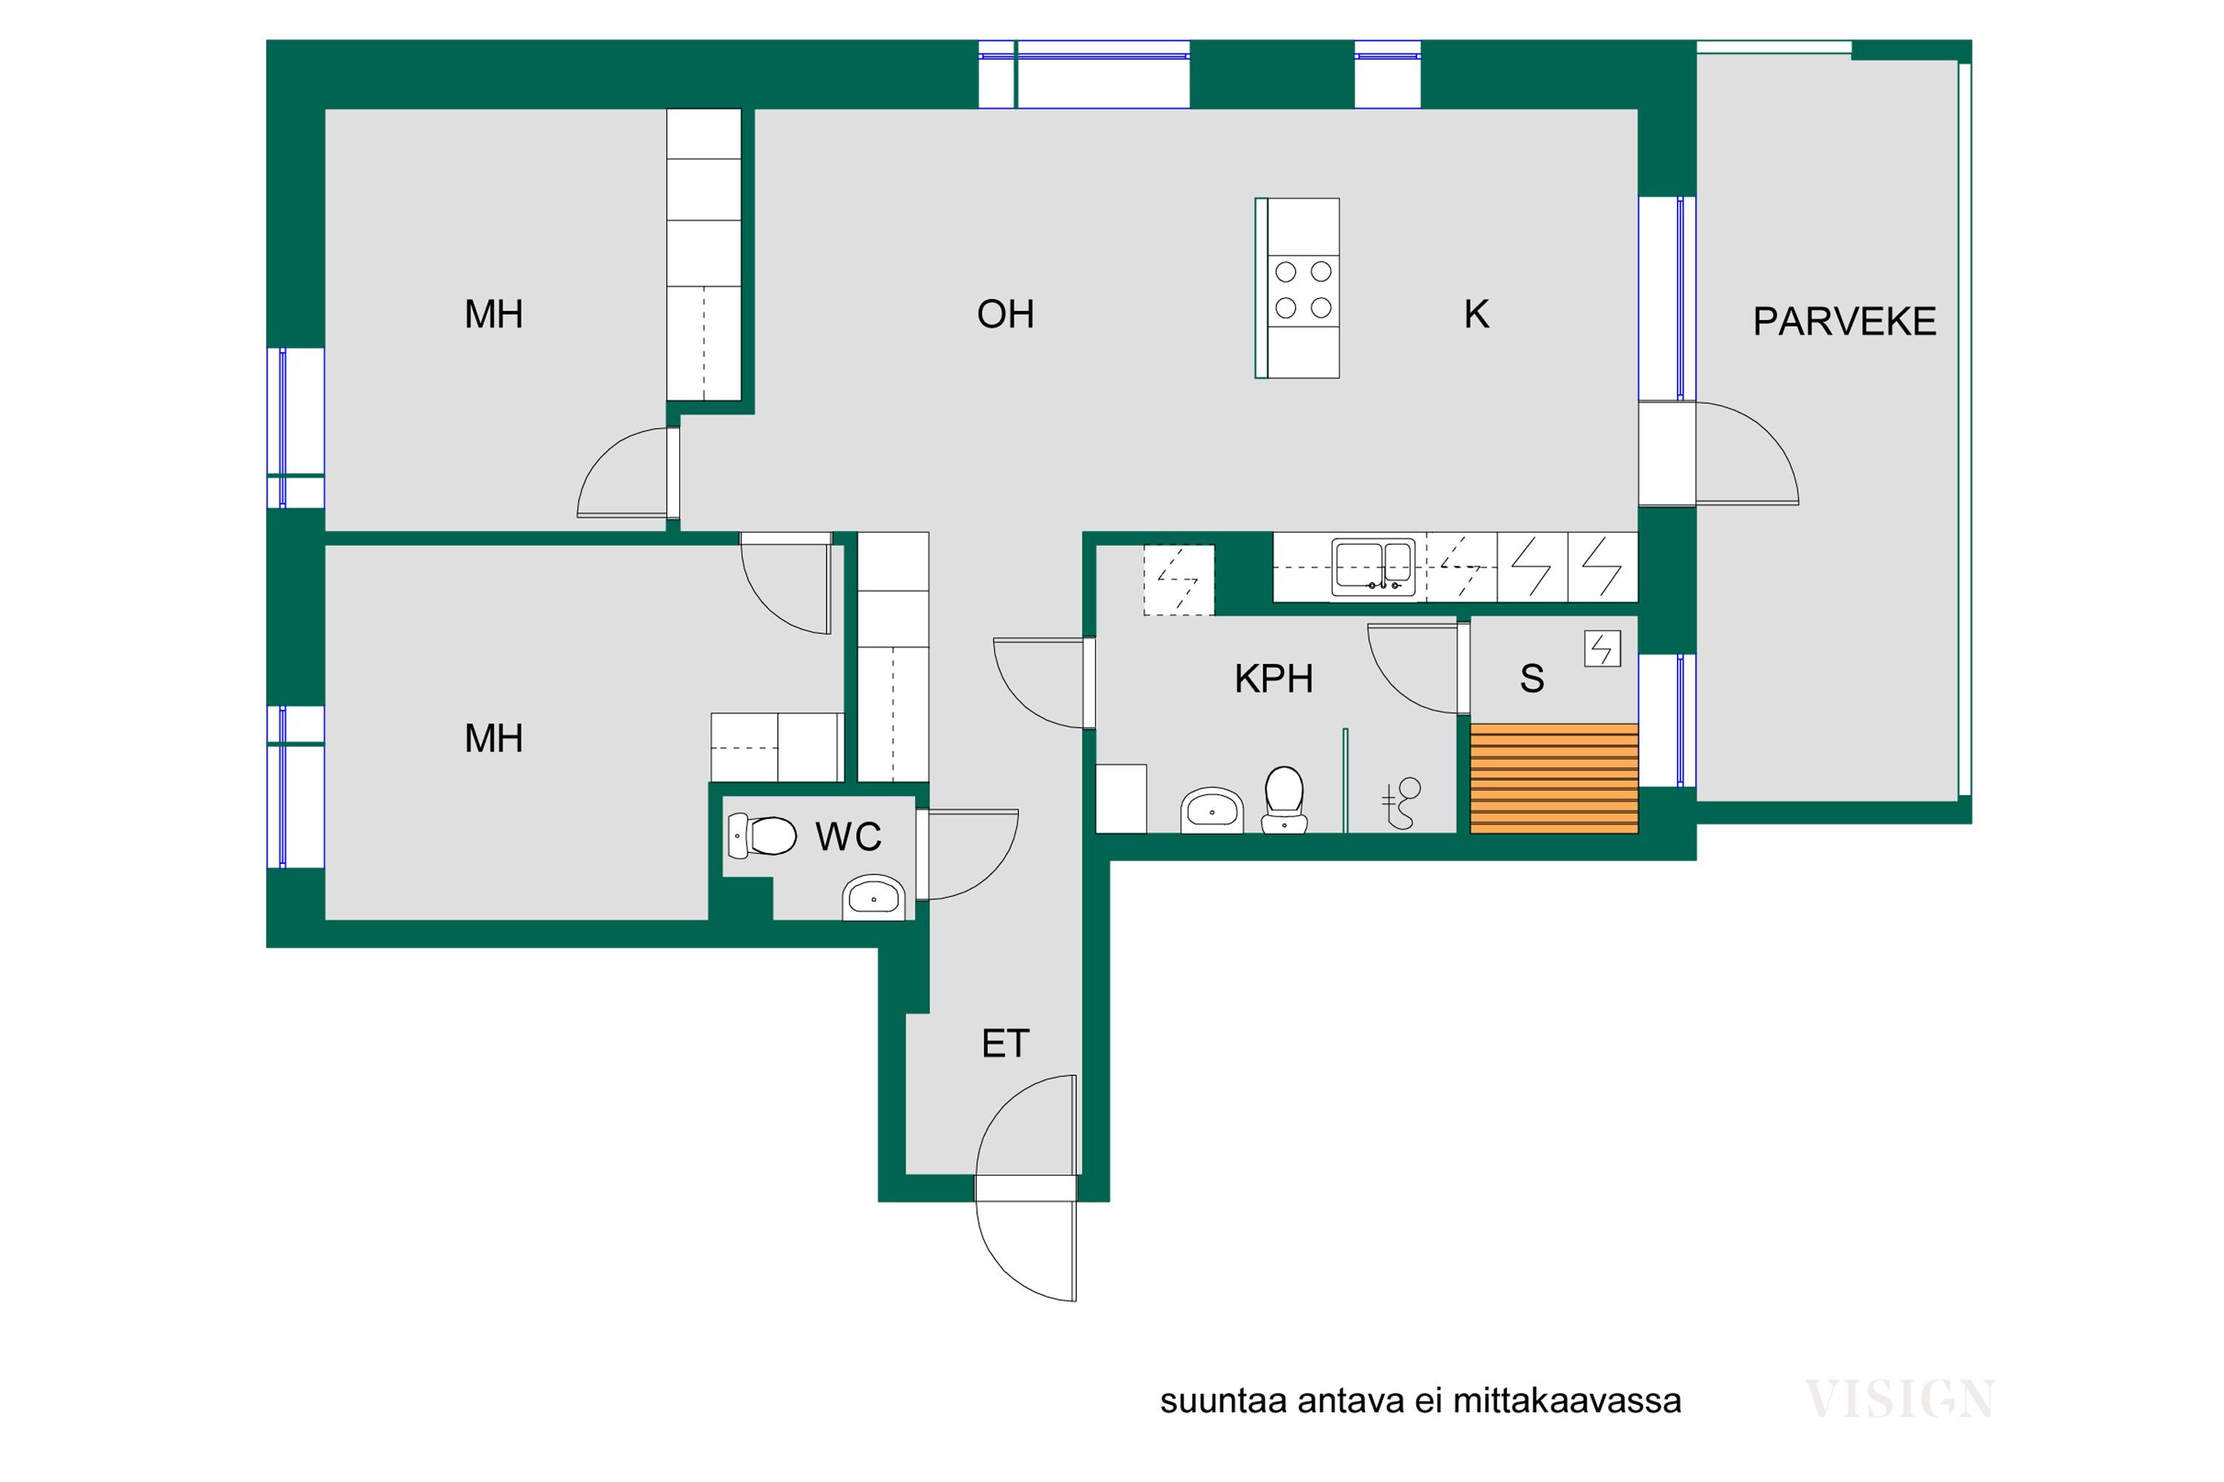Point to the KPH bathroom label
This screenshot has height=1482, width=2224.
click(x=1274, y=679)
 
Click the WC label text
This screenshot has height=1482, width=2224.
click(x=848, y=837)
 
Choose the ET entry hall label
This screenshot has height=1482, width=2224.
click(x=1005, y=1043)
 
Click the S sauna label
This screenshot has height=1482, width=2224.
click(x=1532, y=679)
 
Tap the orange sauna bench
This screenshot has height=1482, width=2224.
click(x=1554, y=778)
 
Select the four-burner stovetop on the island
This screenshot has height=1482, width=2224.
click(x=1303, y=289)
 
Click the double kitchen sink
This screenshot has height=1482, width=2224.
click(x=1373, y=567)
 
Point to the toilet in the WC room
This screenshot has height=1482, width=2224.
click(x=762, y=836)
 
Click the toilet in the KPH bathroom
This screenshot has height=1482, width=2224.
click(x=1284, y=800)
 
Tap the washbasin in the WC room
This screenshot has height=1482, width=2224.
click(x=874, y=897)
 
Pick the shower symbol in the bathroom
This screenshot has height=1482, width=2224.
click(x=1400, y=803)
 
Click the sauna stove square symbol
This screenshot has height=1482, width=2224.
click(x=1602, y=648)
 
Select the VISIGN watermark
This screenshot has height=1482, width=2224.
click(x=1899, y=1400)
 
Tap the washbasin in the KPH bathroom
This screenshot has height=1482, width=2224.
click(x=1211, y=810)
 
